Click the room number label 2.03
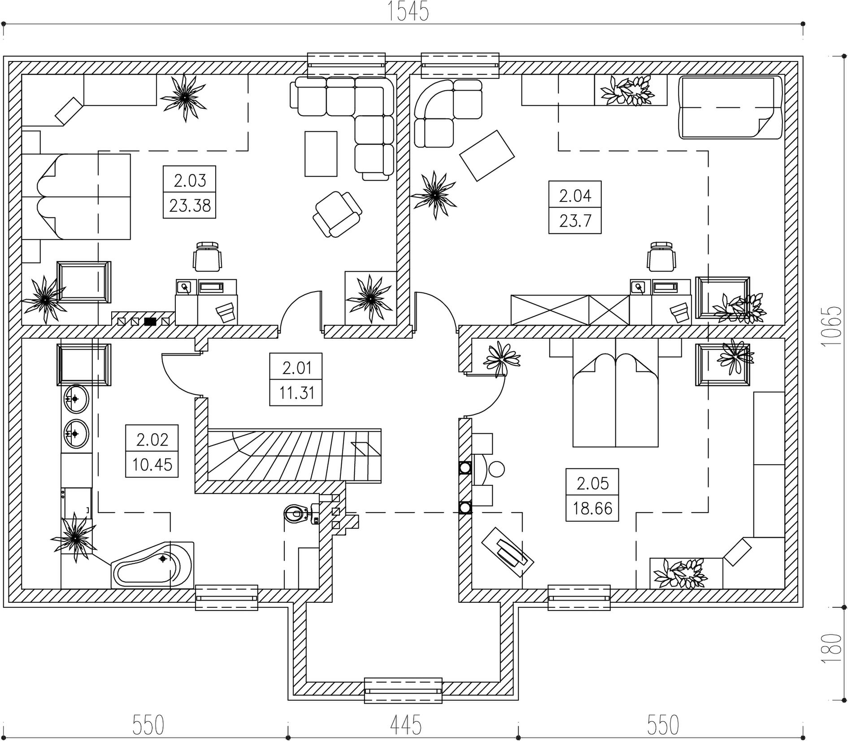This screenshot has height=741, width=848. [x=190, y=181]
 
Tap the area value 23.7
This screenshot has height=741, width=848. [x=575, y=221]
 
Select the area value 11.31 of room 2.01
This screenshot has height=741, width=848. [x=296, y=393]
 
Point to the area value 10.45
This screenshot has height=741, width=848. [x=152, y=464]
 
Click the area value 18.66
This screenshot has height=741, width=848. [x=592, y=508]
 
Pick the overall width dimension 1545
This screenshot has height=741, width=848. [x=408, y=12]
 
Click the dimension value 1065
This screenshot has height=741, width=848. [x=833, y=326]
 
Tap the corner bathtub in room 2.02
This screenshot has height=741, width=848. [x=152, y=566]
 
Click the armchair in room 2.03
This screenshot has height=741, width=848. [x=337, y=214]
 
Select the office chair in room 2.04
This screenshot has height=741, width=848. [x=661, y=257]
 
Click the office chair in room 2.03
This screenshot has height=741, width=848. [x=208, y=257]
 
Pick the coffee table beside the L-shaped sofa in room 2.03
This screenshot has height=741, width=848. [x=321, y=154]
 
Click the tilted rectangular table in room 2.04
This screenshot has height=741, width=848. [x=487, y=155]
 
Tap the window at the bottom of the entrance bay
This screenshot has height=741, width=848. [x=403, y=690]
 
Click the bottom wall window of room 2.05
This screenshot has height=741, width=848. [x=578, y=597]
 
